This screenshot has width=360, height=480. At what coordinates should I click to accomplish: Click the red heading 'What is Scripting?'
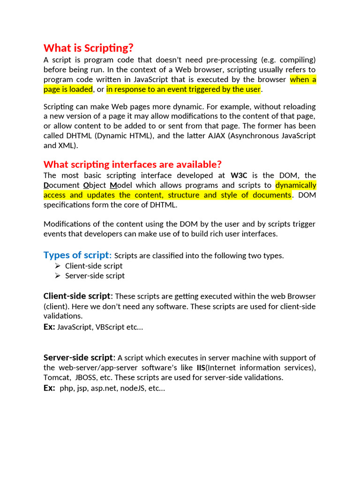(x=89, y=48)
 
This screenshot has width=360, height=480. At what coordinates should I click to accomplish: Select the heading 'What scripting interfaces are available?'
(x=132, y=165)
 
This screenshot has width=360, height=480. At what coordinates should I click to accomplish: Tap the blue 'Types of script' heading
(x=77, y=255)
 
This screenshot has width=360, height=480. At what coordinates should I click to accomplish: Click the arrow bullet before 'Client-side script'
(x=58, y=266)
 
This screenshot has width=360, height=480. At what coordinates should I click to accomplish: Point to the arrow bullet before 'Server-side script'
(x=58, y=276)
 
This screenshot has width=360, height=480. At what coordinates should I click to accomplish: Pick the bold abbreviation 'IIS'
(x=201, y=367)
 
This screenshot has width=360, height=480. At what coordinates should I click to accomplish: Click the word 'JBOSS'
(x=87, y=377)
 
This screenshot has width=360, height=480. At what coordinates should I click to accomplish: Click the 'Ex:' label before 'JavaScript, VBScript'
(x=49, y=327)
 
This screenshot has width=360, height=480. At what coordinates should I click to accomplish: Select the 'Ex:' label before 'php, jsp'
(x=49, y=388)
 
